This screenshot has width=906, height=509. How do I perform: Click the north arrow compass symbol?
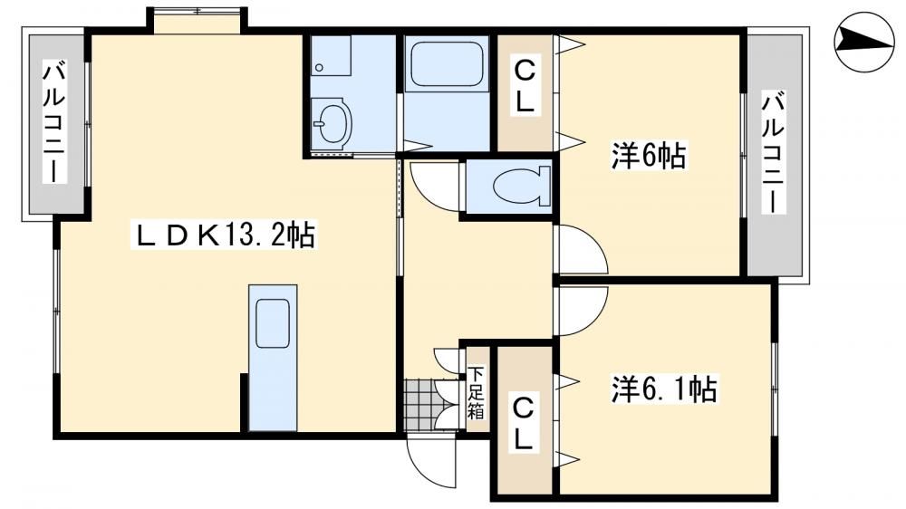pyautogui.click(x=864, y=43)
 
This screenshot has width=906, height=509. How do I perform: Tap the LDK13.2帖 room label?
pyautogui.click(x=226, y=235)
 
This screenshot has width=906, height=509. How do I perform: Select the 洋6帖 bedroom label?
pyautogui.click(x=649, y=156)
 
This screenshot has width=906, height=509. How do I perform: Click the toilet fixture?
pyautogui.click(x=521, y=186)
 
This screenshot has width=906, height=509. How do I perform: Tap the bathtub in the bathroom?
pyautogui.click(x=446, y=63)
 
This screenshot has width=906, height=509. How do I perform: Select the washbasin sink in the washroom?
pyautogui.click(x=331, y=120)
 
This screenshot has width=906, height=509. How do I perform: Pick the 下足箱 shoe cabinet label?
pyautogui.click(x=477, y=392)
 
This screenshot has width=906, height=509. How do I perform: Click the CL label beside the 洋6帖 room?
pyautogui.click(x=525, y=87)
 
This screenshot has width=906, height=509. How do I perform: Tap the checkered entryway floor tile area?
pyautogui.click(x=419, y=404)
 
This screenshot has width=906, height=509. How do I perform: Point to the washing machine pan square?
pyautogui.click(x=331, y=55)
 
